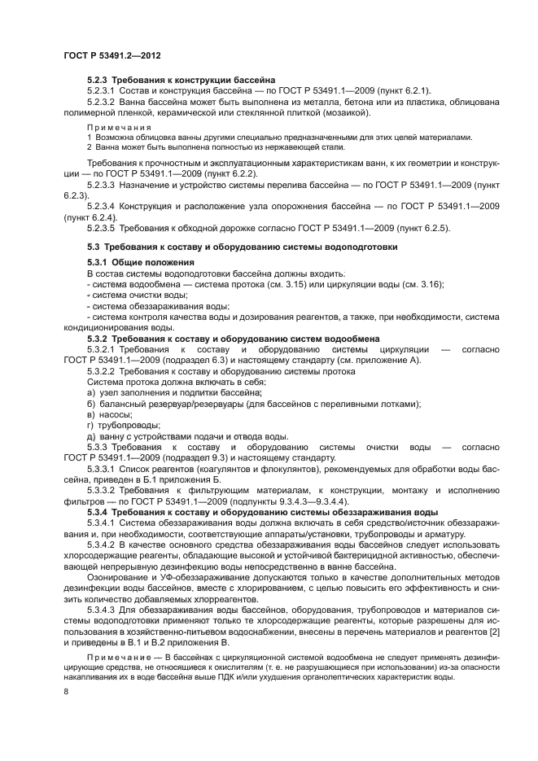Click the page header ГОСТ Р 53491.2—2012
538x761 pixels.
point(112,56)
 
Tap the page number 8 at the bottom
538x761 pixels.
point(66,692)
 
